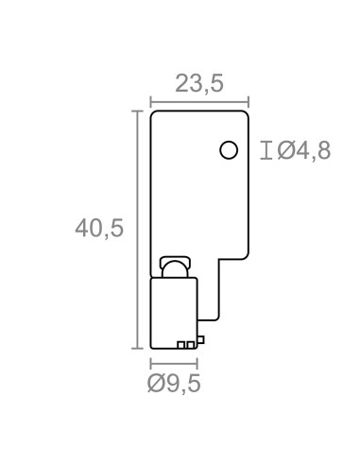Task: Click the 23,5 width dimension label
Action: (199, 84)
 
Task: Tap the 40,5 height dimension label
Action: (99, 228)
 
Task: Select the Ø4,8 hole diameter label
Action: (303, 150)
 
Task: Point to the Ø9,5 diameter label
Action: (174, 384)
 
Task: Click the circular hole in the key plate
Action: (229, 150)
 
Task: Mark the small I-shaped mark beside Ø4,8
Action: (266, 150)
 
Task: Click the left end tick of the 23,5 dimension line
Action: (151, 102)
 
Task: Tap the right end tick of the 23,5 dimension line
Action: (249, 102)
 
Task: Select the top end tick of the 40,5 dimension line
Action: (137, 112)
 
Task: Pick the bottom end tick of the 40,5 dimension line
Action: (137, 348)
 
